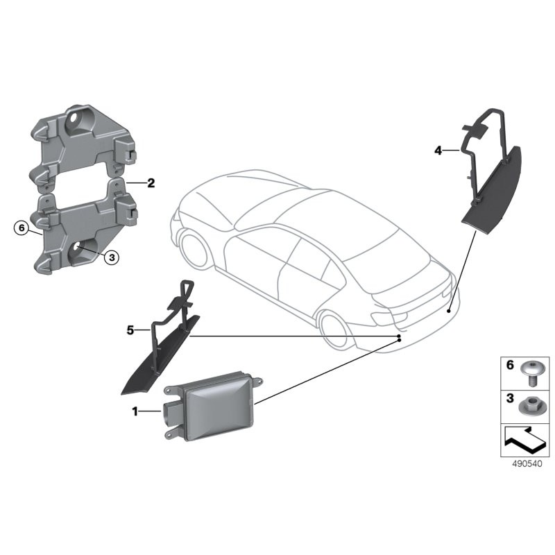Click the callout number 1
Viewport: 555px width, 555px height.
coord(135,411)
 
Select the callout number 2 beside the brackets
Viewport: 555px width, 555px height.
coord(151,184)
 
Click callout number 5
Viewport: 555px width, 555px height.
coord(130,330)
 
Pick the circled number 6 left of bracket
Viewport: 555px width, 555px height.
coord(21,227)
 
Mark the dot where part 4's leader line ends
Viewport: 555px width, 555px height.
coord(449,312)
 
